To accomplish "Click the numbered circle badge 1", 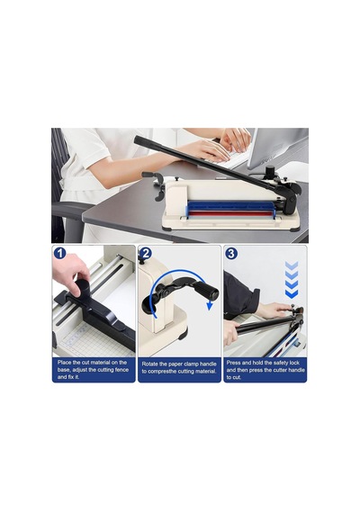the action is coord(59,253).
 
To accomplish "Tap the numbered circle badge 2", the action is coord(145,254).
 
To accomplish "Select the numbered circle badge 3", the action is coord(231,254).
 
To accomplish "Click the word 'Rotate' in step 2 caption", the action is coord(149,364).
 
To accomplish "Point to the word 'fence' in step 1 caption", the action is coord(121,370).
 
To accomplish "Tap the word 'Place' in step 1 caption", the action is coord(64,362).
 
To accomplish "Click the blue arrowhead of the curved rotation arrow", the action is coord(210,306).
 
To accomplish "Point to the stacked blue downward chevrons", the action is coord(292,280).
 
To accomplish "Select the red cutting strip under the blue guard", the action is coord(230,214).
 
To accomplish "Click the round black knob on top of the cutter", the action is coord(270,170).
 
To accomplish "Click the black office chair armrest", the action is coord(69,209).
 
